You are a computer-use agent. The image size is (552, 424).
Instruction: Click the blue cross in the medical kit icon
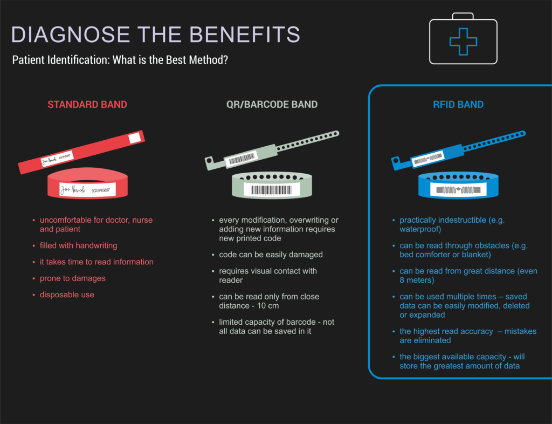point(463,42)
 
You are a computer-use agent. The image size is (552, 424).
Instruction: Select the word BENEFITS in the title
point(245,35)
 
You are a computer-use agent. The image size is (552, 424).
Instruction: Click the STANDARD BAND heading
point(87,105)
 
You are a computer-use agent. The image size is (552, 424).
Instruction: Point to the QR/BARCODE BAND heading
point(272,105)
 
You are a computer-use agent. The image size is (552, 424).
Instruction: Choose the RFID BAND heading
point(458,105)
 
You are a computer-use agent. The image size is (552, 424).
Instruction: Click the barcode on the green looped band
point(272,190)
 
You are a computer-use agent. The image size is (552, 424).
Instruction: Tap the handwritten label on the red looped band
point(88,190)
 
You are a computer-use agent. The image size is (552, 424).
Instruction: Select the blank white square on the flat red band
point(134,138)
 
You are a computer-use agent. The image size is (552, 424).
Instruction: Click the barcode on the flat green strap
point(242,159)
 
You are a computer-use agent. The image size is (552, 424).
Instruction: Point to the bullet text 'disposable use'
point(67,295)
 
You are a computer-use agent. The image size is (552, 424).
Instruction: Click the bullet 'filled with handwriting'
point(79,245)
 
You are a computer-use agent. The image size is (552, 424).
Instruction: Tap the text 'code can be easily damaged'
point(271,255)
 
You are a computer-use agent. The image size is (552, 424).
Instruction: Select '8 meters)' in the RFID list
point(417,281)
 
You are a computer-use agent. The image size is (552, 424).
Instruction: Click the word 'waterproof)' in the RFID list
point(420,229)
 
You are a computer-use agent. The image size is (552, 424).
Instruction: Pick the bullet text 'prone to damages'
point(73,278)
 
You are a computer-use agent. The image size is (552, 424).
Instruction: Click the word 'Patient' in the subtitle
point(26,60)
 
